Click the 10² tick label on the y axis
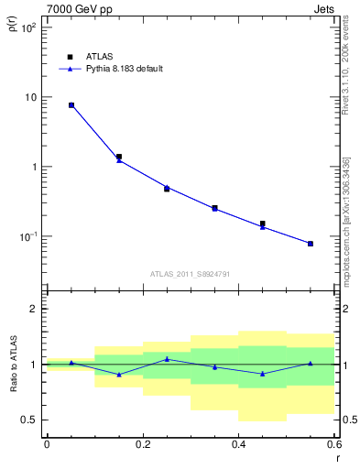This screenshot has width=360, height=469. click(27, 27)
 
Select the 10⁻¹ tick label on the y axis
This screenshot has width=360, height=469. click(27, 236)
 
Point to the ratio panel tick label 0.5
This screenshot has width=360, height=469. click(27, 420)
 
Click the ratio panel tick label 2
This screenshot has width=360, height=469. click(32, 309)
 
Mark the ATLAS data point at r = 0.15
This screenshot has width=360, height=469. click(119, 157)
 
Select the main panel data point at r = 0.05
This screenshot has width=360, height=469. click(71, 105)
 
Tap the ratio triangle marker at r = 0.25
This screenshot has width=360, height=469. click(167, 359)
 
